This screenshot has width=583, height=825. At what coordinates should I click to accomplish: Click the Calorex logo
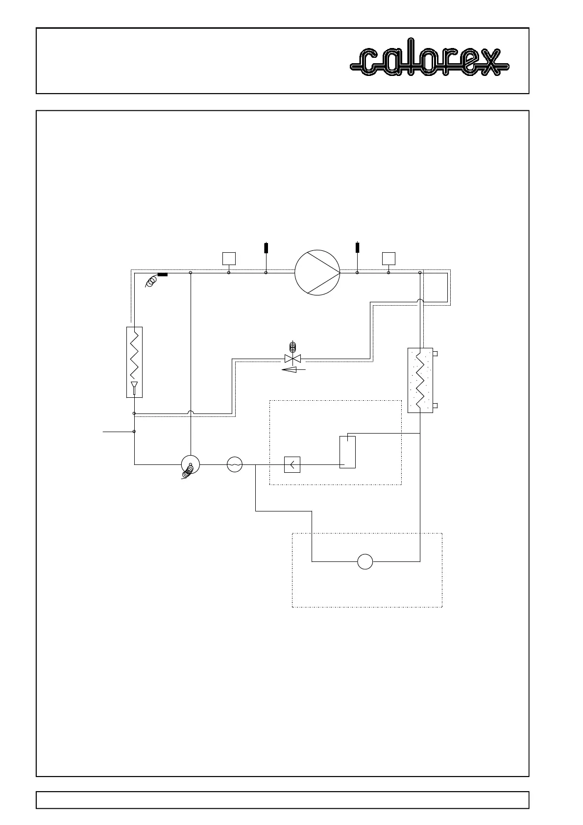click(x=430, y=61)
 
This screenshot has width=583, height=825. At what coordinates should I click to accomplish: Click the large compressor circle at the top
click(x=317, y=272)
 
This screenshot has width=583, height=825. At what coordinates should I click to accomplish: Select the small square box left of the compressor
click(x=229, y=258)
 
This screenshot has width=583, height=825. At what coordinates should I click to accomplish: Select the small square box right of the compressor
click(x=389, y=258)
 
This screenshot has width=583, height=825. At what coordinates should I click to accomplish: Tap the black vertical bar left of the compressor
click(x=266, y=247)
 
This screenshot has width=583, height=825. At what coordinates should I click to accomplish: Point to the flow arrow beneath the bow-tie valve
click(x=292, y=370)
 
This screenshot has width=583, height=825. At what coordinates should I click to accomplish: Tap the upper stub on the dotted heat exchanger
click(x=435, y=353)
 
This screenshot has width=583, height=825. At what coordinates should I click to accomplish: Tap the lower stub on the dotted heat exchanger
click(x=435, y=406)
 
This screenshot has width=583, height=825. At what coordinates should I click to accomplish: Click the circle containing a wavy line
click(x=235, y=464)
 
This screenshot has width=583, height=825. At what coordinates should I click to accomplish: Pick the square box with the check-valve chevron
click(x=292, y=464)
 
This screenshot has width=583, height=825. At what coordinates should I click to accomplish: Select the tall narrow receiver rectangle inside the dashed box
click(x=347, y=451)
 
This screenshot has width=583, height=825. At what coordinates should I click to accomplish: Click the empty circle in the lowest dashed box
click(x=365, y=561)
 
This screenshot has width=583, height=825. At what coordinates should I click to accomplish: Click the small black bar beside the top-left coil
click(x=163, y=274)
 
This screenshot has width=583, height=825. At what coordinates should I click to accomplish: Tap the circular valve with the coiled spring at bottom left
click(x=190, y=464)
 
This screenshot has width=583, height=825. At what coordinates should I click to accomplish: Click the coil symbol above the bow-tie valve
click(x=293, y=347)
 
